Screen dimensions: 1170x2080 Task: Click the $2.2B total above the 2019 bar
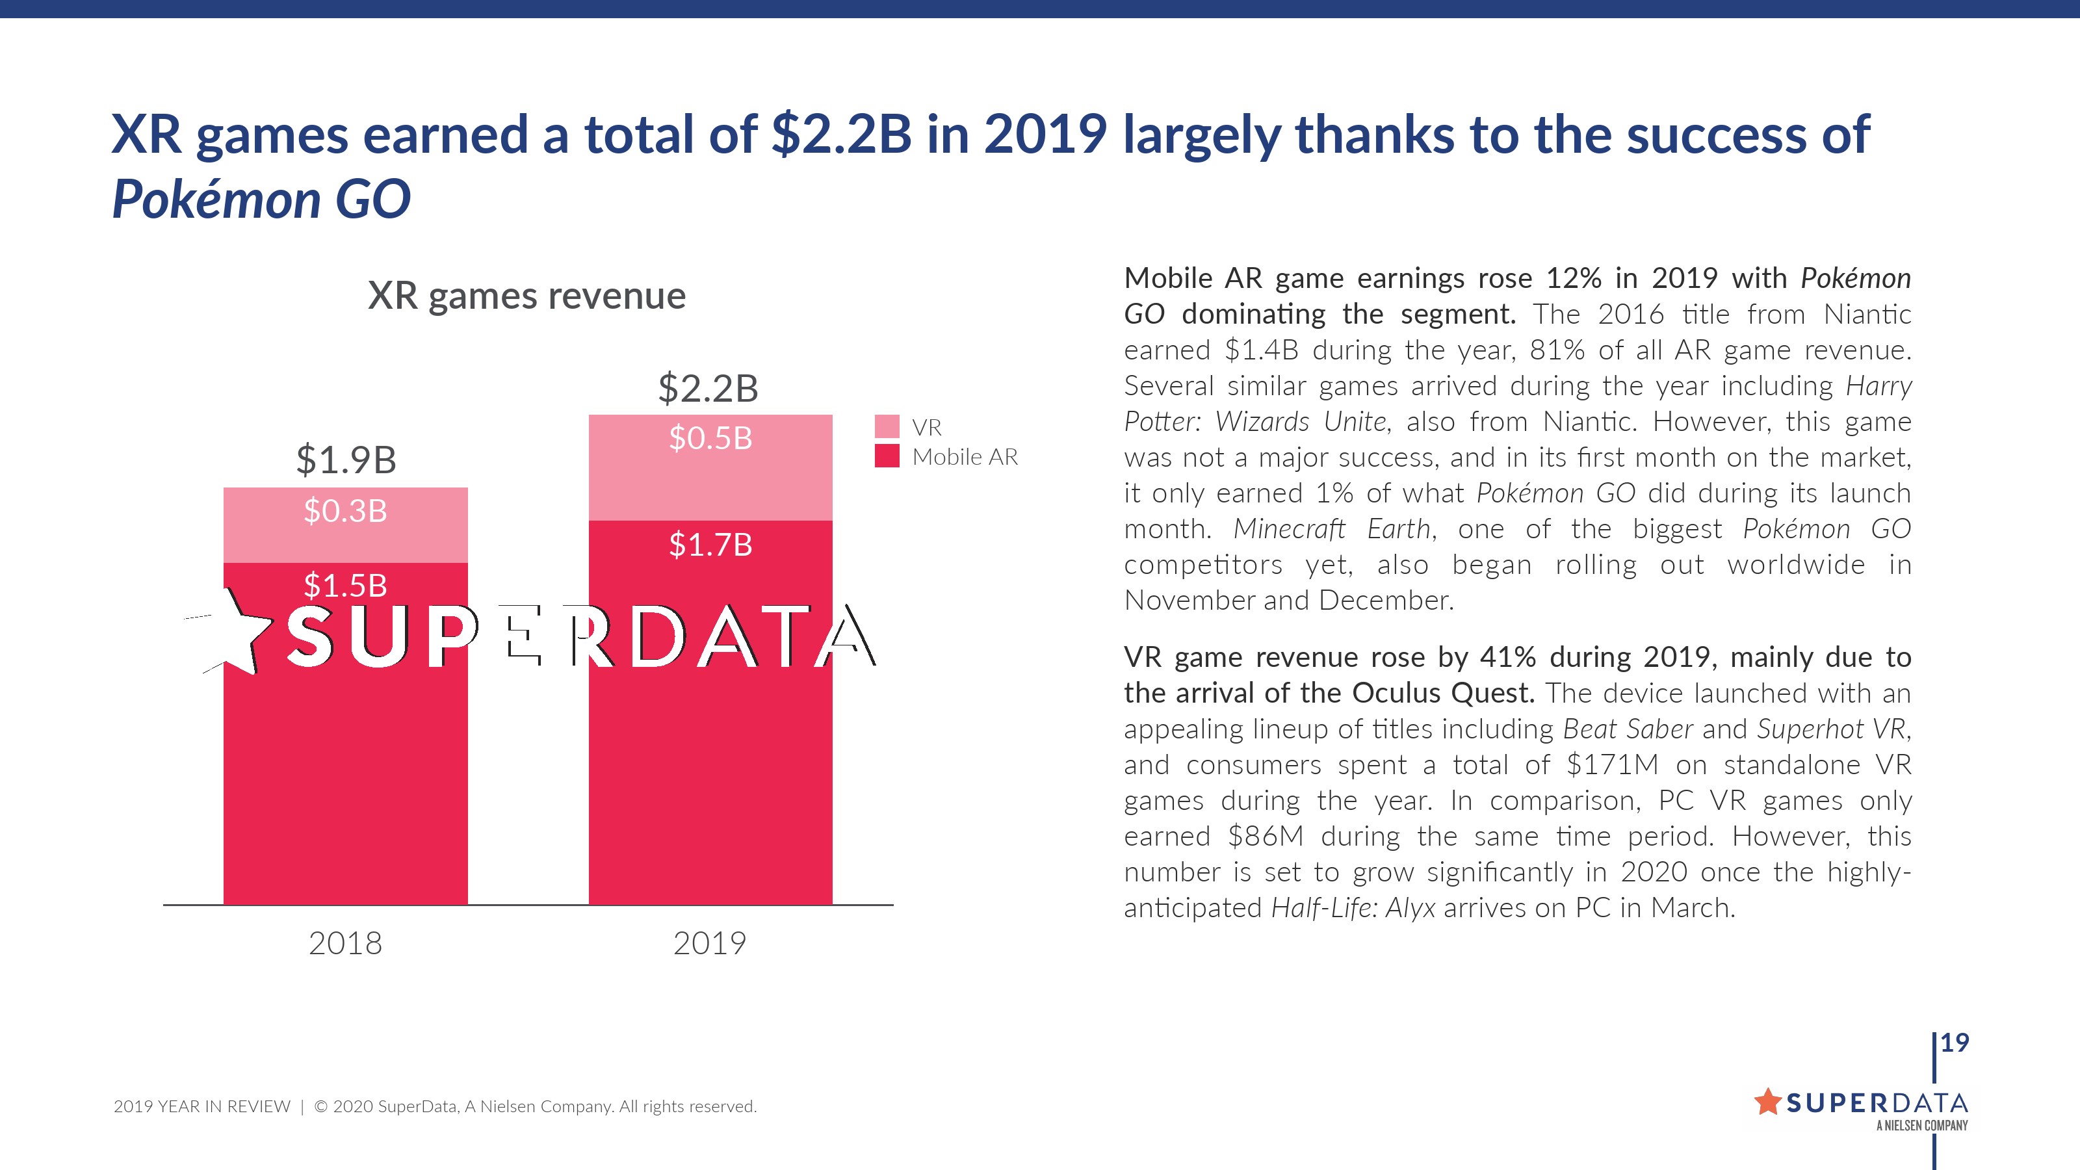[708, 389]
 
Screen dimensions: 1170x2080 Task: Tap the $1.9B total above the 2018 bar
[346, 460]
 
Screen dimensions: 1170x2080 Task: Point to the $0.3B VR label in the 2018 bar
[346, 510]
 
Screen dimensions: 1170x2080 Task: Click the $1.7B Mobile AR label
[710, 545]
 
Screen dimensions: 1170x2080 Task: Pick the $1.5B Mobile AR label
[346, 586]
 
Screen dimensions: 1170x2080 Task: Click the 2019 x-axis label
[710, 943]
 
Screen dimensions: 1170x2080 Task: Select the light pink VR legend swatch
[887, 426]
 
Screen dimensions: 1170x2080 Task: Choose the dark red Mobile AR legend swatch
[887, 456]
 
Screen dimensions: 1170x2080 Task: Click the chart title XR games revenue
[526, 296]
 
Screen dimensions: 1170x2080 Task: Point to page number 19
[1955, 1043]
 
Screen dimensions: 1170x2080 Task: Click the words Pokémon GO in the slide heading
[261, 199]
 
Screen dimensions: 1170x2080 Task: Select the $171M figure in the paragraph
[1612, 764]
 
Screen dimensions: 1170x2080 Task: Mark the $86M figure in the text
[1266, 837]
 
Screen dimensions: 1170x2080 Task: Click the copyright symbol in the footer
[320, 1106]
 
